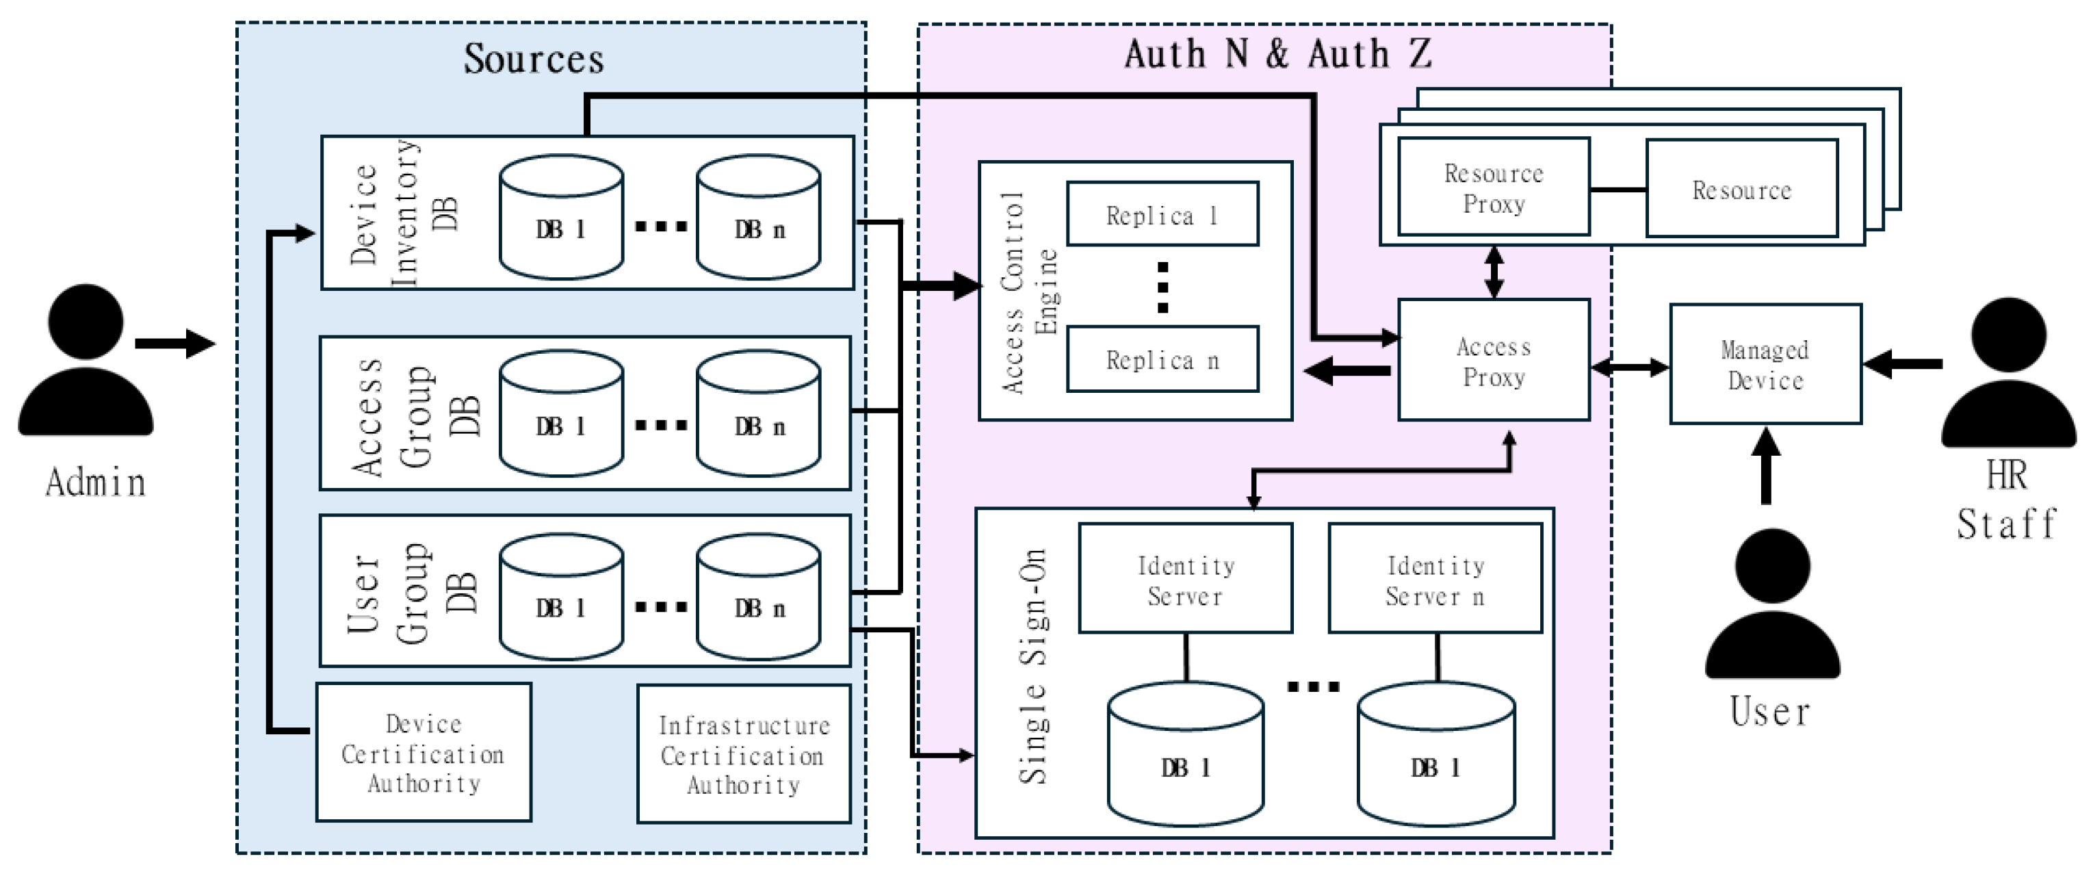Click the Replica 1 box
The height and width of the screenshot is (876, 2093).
1162,214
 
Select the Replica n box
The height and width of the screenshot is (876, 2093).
1162,359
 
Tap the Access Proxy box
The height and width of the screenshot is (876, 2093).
1494,361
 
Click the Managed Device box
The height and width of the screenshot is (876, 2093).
1765,364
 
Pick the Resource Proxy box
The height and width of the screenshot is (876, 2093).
1494,188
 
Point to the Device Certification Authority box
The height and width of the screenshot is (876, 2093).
424,753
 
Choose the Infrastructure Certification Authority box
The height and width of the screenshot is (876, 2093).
744,754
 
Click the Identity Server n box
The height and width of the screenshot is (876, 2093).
1435,578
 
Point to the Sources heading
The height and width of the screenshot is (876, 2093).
534,58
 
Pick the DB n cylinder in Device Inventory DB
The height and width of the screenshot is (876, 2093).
758,217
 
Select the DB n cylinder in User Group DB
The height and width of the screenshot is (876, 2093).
758,597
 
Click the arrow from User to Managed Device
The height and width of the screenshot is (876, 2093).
1765,467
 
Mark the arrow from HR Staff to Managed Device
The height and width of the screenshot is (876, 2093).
1901,364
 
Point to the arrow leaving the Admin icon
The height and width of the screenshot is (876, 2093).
174,343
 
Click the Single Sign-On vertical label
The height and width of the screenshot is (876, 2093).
1033,667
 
